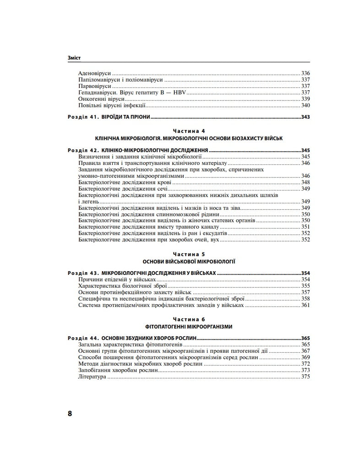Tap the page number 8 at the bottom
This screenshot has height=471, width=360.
point(70,413)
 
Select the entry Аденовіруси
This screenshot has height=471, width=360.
point(95,73)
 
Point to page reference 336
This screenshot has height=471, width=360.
point(305,73)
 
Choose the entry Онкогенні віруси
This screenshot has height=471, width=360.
point(101,99)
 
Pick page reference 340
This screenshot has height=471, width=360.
point(305,105)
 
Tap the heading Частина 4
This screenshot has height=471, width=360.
point(189,131)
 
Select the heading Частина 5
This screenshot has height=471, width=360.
point(189,253)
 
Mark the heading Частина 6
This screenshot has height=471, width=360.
point(189,318)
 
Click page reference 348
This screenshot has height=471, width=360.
point(305,182)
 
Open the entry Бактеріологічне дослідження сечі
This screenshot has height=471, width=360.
point(123,189)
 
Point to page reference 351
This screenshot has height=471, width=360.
point(305,227)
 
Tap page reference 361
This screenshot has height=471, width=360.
point(305,305)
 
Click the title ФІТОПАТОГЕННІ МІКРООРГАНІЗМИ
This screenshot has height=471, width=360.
point(189,326)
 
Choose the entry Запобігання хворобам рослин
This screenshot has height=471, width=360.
point(119,370)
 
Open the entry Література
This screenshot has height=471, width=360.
point(93,377)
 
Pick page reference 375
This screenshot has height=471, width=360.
point(305,377)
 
